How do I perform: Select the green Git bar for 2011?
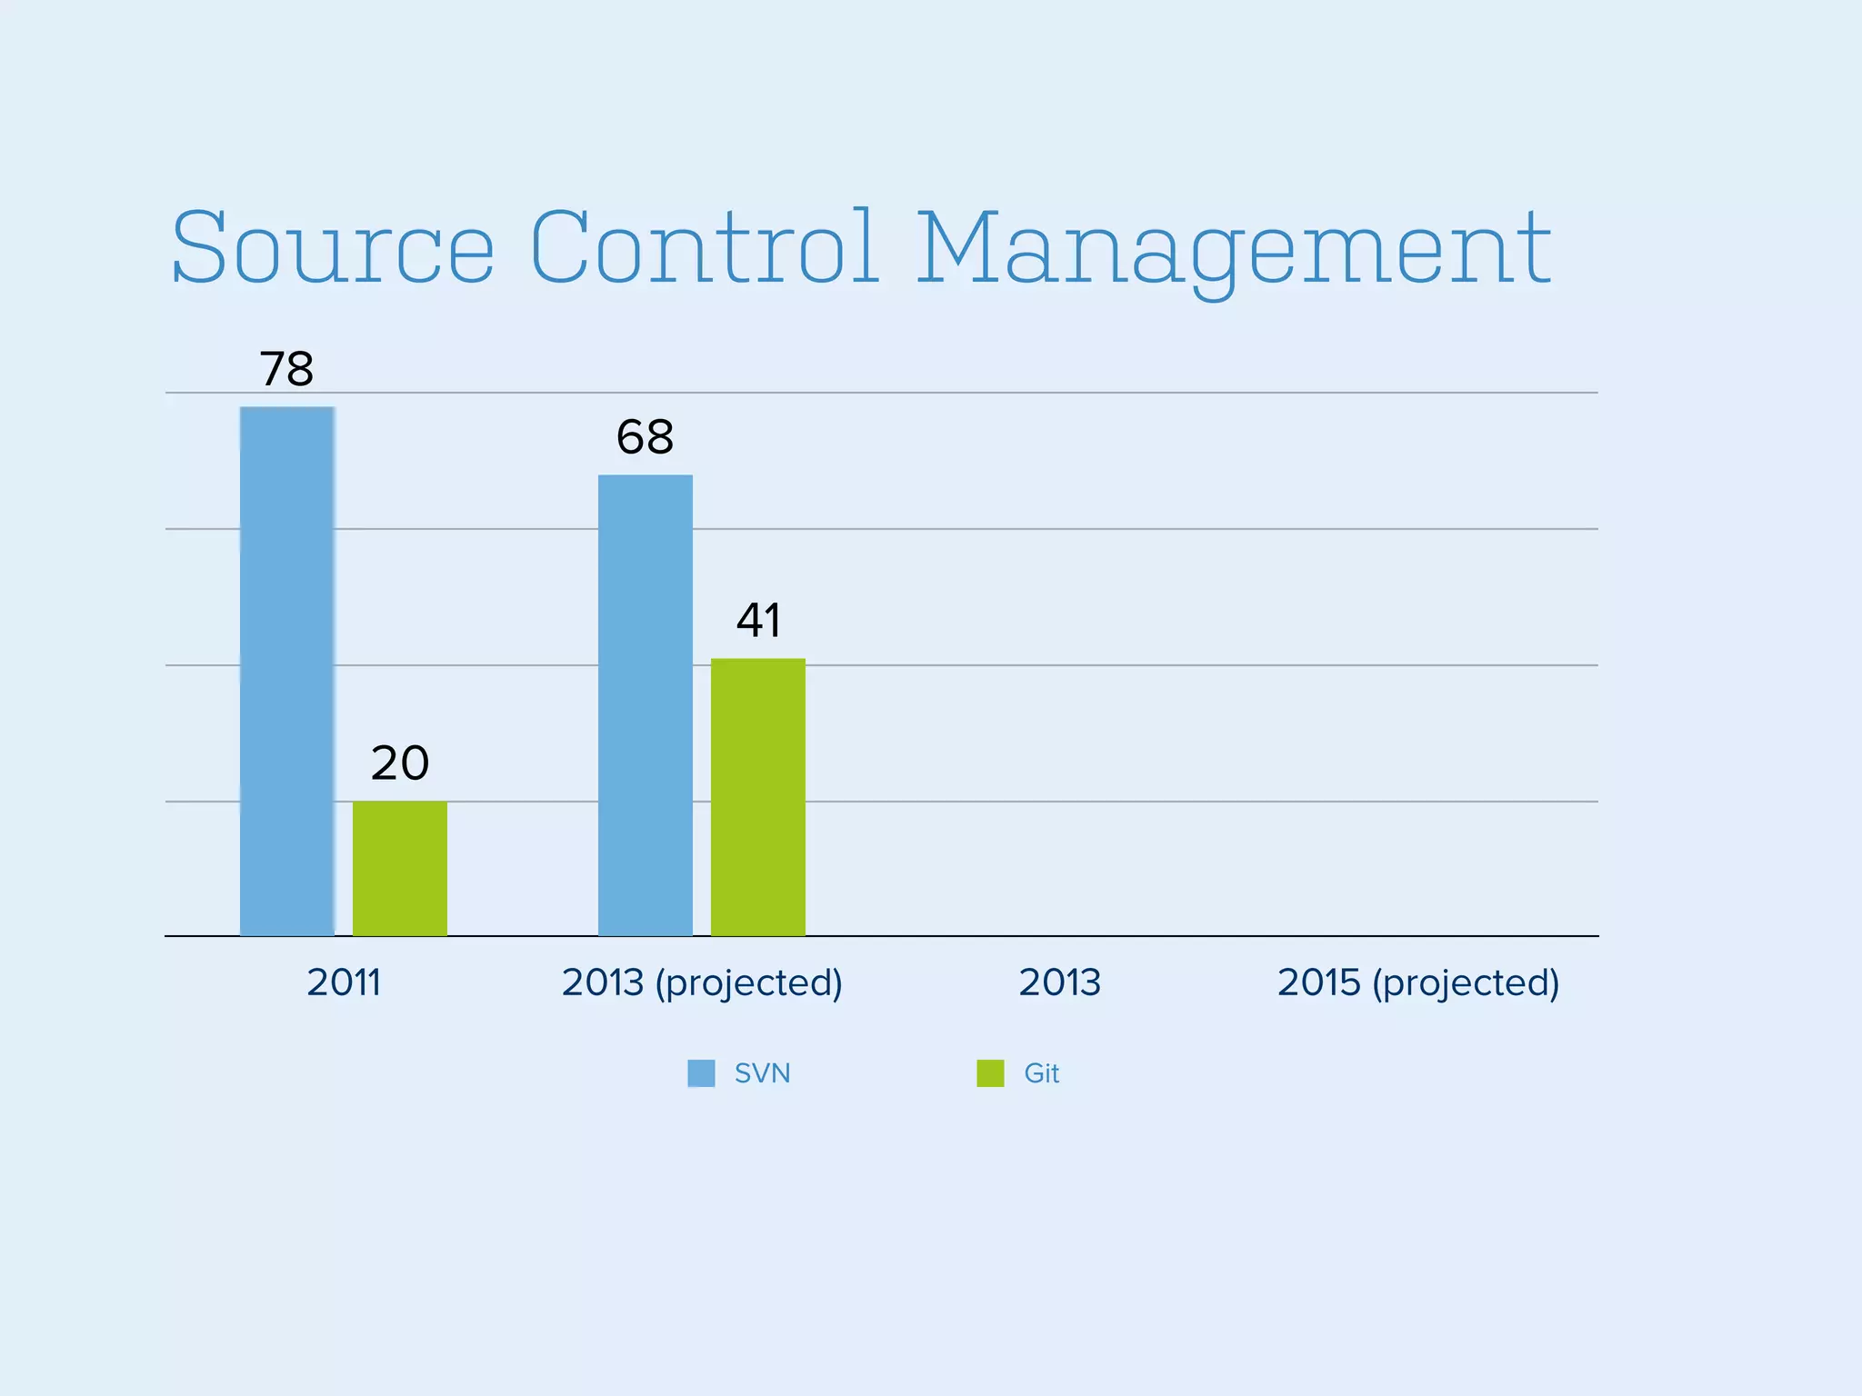click(x=399, y=868)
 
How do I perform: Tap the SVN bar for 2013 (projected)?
click(x=645, y=705)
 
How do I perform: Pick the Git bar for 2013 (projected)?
click(x=757, y=797)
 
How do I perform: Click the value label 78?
click(x=286, y=369)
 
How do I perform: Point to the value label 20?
click(x=399, y=763)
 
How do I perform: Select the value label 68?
click(x=645, y=437)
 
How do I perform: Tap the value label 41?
click(x=757, y=621)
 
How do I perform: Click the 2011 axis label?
click(x=343, y=982)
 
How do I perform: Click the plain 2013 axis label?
click(x=1059, y=982)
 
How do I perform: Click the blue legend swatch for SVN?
click(x=701, y=1073)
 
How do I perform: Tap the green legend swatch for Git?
click(x=990, y=1073)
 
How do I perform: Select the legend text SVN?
click(x=762, y=1073)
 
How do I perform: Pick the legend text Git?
click(x=1041, y=1073)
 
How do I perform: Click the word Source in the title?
click(x=333, y=247)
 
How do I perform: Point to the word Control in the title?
click(x=705, y=247)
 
